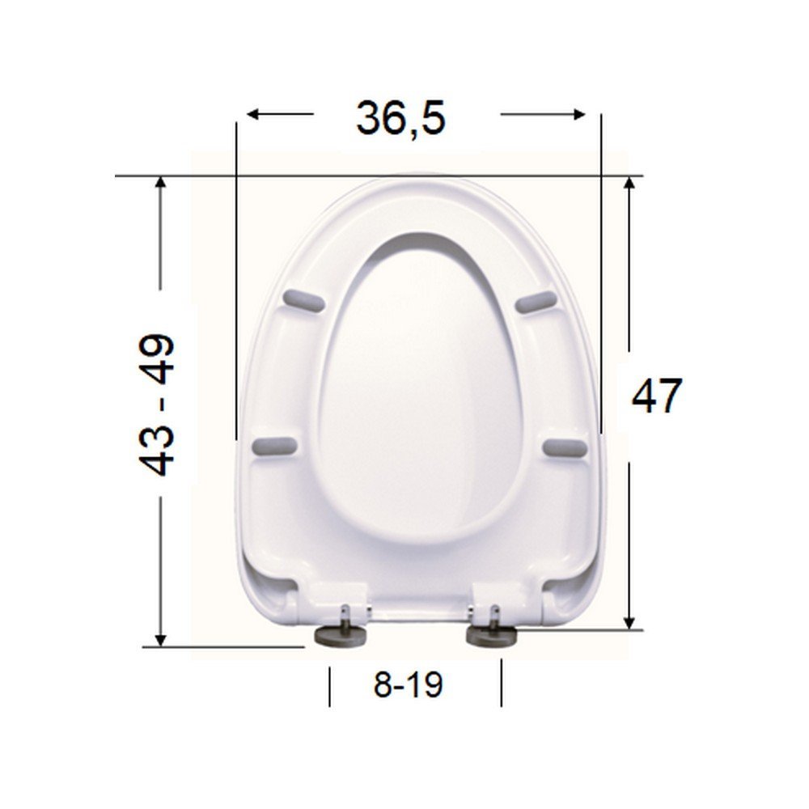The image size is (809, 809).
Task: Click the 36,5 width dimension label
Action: point(400,119)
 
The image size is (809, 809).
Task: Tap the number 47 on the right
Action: point(657,396)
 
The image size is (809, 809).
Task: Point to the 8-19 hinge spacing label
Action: point(408,685)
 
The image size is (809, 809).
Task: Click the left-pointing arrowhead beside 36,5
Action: point(252,114)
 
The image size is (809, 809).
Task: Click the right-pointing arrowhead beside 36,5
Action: point(579,114)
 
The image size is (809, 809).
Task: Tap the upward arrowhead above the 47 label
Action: point(629,184)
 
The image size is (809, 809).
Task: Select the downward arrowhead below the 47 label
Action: point(629,621)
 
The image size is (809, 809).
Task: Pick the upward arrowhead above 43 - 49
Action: point(161,184)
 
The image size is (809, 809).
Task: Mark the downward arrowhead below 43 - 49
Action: point(161,639)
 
